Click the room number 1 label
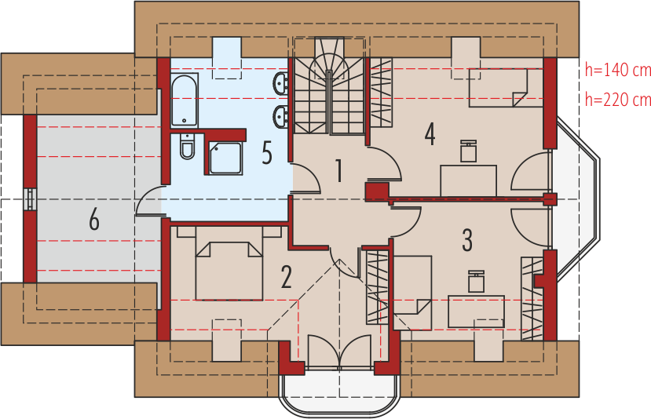339,169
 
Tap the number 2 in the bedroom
286,277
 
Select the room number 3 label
467,240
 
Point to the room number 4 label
430,133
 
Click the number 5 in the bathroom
267,154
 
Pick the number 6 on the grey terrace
94,220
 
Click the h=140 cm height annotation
618,71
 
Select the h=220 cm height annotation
618,100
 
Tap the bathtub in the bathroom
184,100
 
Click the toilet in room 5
185,146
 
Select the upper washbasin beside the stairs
282,83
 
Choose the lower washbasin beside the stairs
282,118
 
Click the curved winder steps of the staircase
328,67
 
